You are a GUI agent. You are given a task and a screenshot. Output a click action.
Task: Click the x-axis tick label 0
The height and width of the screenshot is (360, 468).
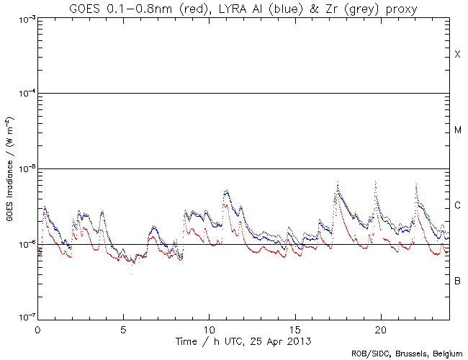(x=37, y=328)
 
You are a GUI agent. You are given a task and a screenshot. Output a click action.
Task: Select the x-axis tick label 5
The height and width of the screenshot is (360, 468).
(x=123, y=328)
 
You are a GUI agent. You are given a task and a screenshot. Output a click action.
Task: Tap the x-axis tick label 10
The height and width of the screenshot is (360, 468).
(x=209, y=328)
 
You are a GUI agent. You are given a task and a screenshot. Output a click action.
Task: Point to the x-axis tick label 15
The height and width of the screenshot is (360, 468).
(x=294, y=328)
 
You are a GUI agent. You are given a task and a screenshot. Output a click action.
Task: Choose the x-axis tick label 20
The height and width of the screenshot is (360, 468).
(x=380, y=328)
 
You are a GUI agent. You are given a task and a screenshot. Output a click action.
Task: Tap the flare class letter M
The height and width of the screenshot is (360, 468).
(x=457, y=130)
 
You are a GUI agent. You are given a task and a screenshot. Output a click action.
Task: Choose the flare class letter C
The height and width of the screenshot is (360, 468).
(x=457, y=206)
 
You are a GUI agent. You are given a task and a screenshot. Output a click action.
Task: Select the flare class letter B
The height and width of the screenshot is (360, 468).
(x=457, y=281)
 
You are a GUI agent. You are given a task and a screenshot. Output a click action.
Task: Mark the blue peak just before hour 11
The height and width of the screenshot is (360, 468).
(x=226, y=192)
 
